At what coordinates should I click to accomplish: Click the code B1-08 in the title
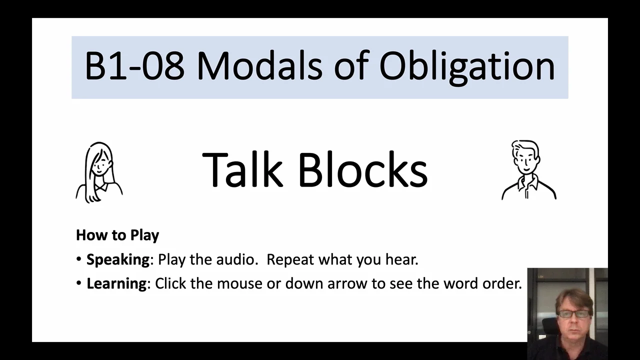(x=134, y=66)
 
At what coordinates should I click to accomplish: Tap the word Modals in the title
(x=259, y=66)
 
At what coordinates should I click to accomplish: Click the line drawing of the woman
(x=99, y=172)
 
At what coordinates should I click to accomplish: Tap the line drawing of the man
(x=528, y=170)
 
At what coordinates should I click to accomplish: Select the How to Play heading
(x=117, y=235)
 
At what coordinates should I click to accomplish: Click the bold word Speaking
(x=118, y=260)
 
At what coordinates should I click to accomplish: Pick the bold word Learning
(x=116, y=283)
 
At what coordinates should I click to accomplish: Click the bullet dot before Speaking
(x=79, y=260)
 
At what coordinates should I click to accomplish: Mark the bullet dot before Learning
(x=79, y=283)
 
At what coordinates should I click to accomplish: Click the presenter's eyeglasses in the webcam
(x=573, y=314)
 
